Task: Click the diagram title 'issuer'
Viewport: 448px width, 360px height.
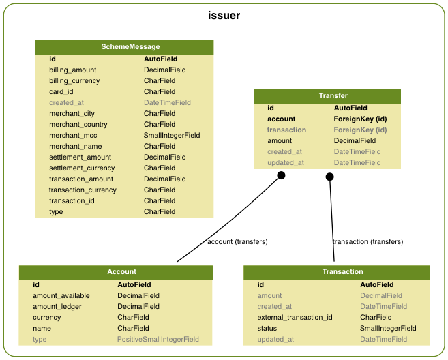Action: [224, 15]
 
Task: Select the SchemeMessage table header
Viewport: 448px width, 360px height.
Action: [125, 47]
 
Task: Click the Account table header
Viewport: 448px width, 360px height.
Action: [122, 272]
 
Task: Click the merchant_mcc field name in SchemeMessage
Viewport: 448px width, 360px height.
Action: [73, 135]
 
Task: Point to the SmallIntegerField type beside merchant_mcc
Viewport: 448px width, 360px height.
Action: [172, 135]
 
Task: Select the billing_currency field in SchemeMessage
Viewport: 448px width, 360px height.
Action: [74, 80]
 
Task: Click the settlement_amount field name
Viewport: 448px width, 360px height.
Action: [80, 157]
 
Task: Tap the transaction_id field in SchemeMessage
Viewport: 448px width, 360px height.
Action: [73, 200]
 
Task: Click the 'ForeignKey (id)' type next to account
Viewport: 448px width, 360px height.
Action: [360, 119]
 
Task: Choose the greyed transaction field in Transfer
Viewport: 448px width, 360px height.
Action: [286, 130]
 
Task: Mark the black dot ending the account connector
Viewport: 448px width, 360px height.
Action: [280, 176]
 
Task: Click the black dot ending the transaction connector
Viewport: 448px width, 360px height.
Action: [330, 177]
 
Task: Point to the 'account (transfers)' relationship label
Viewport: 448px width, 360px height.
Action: [237, 241]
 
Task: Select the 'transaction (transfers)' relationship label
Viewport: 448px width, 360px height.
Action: [368, 241]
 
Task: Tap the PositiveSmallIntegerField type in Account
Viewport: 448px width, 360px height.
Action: [158, 339]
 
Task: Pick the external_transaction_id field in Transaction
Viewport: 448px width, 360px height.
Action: [295, 317]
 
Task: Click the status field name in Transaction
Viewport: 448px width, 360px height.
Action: [267, 328]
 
